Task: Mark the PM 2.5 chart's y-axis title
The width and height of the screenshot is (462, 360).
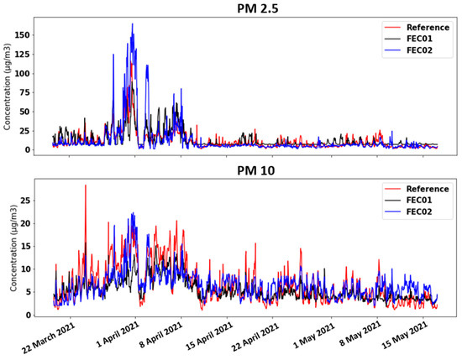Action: pyautogui.click(x=8, y=89)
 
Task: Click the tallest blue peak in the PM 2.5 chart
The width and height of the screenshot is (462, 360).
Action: pyautogui.click(x=133, y=24)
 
